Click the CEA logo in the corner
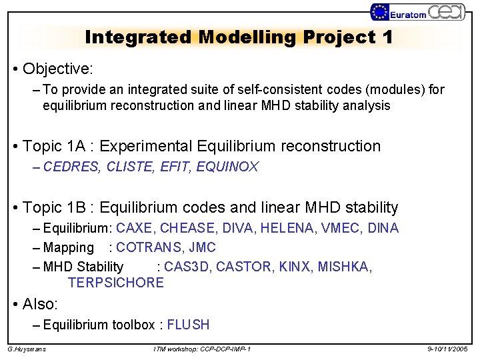(446, 11)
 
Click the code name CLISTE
(129, 167)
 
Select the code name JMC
(202, 247)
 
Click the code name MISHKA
(343, 267)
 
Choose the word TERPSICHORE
(115, 283)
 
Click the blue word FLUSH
(188, 325)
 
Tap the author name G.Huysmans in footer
(27, 349)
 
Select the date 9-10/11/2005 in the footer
(448, 349)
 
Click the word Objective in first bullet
(58, 69)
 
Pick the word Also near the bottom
(40, 304)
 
